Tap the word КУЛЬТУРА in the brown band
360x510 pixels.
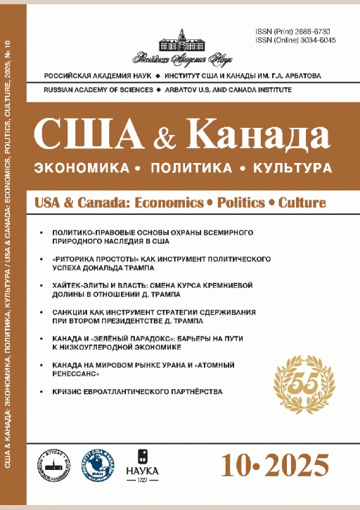point(290,169)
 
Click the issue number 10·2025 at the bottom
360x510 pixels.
point(274,464)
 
